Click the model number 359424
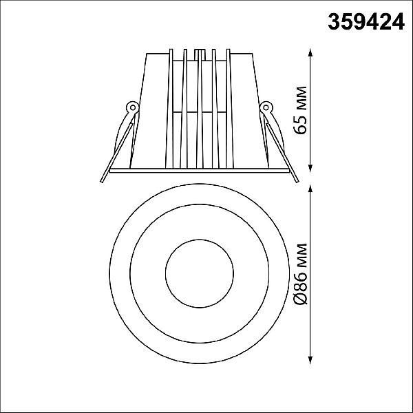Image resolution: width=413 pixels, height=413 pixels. coord(366,22)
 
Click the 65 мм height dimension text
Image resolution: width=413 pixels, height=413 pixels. coord(301,110)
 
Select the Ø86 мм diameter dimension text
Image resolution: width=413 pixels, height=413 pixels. coord(301,274)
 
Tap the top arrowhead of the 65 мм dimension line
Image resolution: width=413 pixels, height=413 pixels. coord(310,52)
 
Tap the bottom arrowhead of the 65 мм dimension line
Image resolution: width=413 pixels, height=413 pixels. coord(310,169)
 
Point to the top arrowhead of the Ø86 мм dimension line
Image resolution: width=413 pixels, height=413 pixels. coord(310,189)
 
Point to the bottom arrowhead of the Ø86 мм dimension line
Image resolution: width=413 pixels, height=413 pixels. coord(310,360)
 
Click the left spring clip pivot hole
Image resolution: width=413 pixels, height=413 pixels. coord(133,107)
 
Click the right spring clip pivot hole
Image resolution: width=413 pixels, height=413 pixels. coord(266,107)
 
